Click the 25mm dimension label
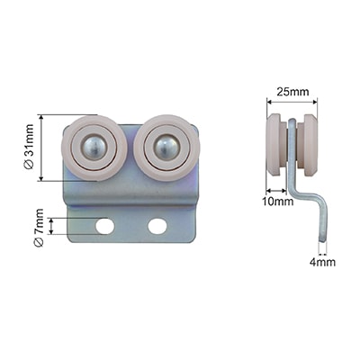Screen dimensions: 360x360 pyautogui.click(x=292, y=92)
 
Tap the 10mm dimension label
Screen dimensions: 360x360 pyautogui.click(x=278, y=202)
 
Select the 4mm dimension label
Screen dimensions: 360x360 pyautogui.click(x=322, y=263)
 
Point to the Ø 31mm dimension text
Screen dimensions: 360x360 pyautogui.click(x=29, y=147)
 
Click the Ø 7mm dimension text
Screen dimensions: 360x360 pyautogui.click(x=39, y=228)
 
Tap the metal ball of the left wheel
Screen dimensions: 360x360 pyautogui.click(x=94, y=148)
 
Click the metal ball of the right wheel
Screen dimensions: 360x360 pyautogui.click(x=166, y=148)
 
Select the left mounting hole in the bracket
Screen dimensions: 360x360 pyautogui.click(x=104, y=227)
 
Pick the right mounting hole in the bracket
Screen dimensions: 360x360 pyautogui.click(x=157, y=226)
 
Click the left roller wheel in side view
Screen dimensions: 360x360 pyautogui.click(x=274, y=144)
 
